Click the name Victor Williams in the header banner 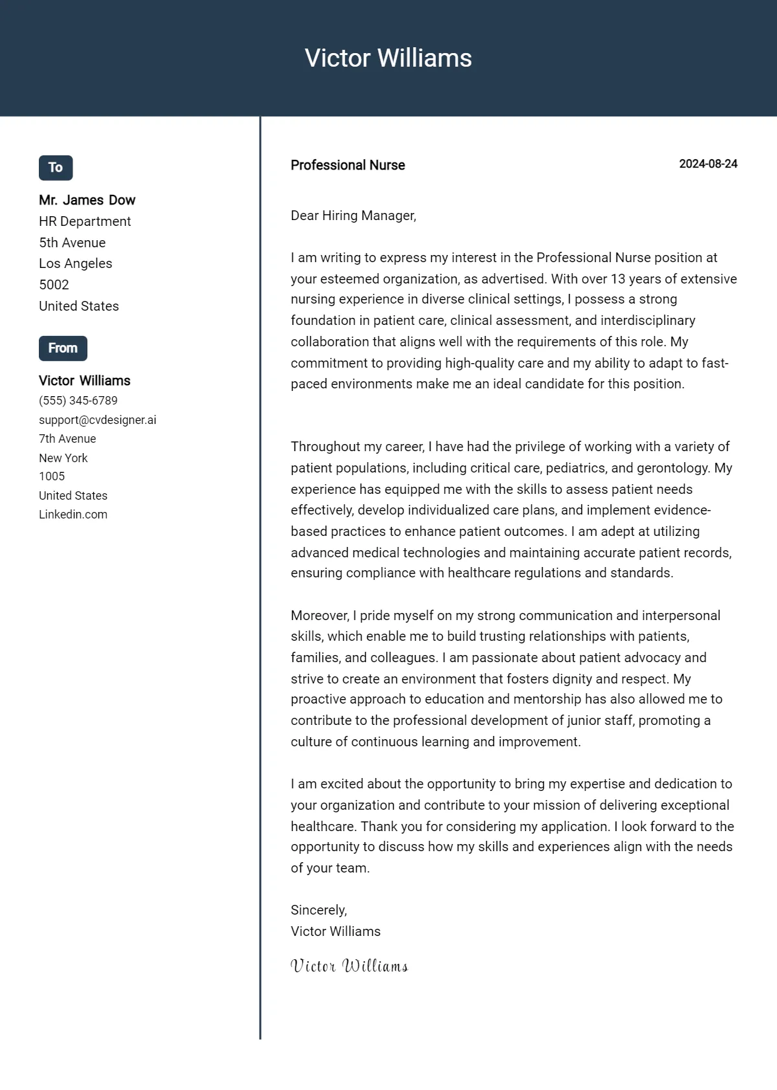[x=388, y=58]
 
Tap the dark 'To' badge [x=56, y=168]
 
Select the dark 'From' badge [x=63, y=348]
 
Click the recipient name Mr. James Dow [x=87, y=200]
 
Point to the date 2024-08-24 [x=708, y=164]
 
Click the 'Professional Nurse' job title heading [x=348, y=165]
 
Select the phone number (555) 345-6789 [x=78, y=401]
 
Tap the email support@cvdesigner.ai [x=97, y=420]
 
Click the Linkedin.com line [x=73, y=515]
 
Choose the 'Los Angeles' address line [x=75, y=263]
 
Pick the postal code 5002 [x=54, y=285]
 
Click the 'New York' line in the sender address [x=63, y=458]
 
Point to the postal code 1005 [x=52, y=476]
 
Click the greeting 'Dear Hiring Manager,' [x=353, y=216]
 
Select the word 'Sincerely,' [x=319, y=910]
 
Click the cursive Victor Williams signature [x=349, y=966]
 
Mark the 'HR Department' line [x=85, y=221]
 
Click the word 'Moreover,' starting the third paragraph [x=320, y=616]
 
